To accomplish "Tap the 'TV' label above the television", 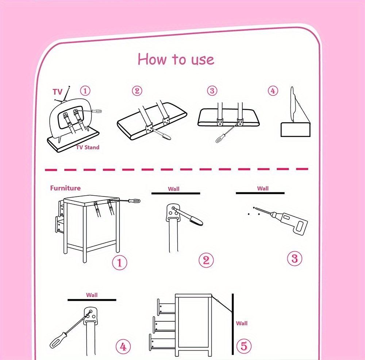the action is [58, 92].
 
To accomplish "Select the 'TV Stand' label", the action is [88, 147].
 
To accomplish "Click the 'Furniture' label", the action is [65, 188].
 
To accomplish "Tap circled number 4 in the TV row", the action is [273, 91].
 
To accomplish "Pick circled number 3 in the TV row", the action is [212, 91].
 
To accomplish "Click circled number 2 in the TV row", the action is [137, 91].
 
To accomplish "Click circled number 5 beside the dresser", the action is [244, 346].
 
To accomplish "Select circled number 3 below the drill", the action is [295, 258].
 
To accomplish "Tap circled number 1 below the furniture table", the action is [120, 263].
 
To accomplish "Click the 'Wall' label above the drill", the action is [263, 188].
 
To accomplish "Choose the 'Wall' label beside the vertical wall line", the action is [242, 323].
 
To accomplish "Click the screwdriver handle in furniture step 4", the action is [58, 340].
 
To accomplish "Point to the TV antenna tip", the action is [69, 87].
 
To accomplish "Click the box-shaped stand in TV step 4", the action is [295, 130].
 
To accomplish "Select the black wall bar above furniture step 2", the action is [176, 193].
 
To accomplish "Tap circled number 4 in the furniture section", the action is [123, 346].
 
